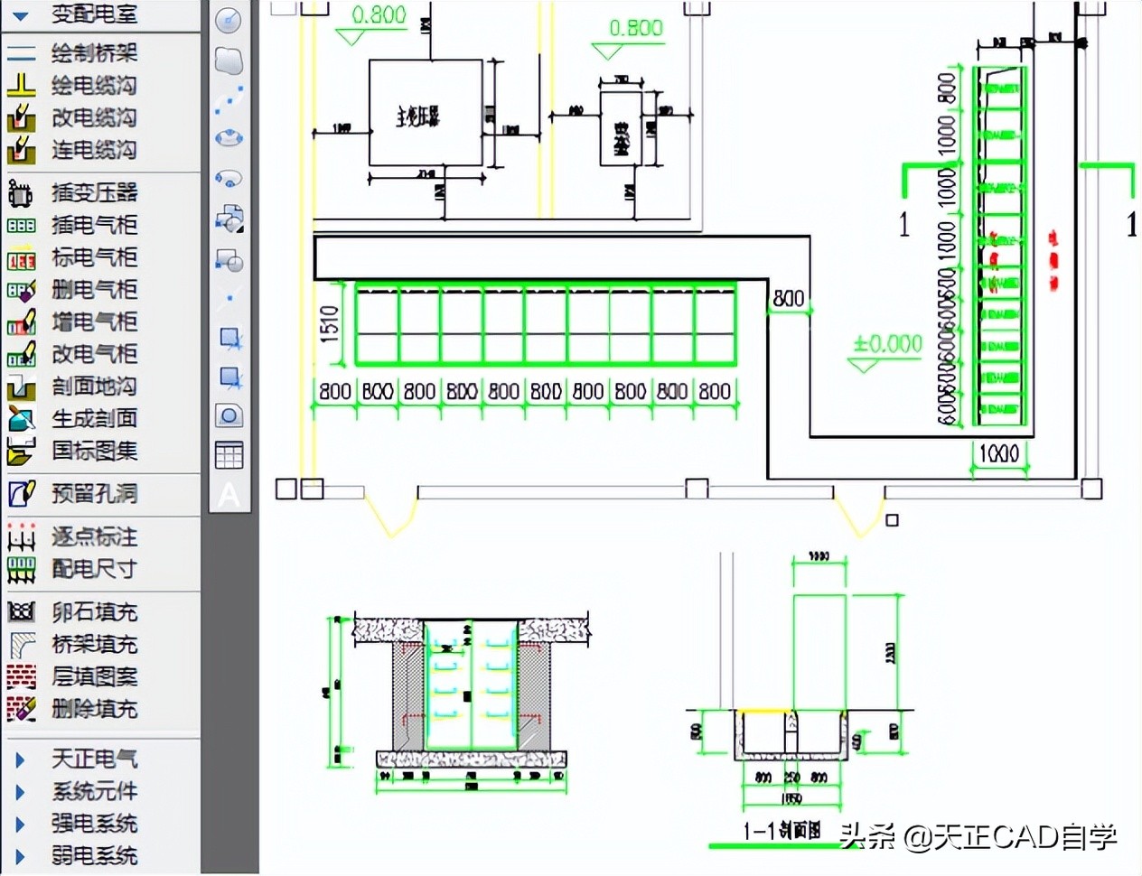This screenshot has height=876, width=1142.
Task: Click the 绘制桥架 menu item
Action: (93, 53)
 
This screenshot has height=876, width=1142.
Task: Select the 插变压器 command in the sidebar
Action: (93, 192)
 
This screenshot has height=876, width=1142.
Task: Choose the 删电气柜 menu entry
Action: (93, 290)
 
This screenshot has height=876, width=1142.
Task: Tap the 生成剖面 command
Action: (93, 419)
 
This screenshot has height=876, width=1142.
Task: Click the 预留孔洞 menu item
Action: (93, 494)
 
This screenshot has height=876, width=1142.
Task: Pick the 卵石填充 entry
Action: (93, 612)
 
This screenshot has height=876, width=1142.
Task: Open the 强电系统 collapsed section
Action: (93, 824)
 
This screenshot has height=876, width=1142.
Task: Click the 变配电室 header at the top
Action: (93, 14)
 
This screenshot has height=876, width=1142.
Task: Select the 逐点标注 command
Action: (93, 537)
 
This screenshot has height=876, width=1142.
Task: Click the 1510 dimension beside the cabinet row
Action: (330, 323)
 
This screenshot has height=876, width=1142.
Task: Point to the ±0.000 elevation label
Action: (887, 344)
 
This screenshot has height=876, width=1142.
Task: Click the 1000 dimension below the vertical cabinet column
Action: (998, 453)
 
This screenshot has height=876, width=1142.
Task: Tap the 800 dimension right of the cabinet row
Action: (788, 298)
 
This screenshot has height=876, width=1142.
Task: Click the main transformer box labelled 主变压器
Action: (425, 114)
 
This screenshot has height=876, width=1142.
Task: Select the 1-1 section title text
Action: (782, 831)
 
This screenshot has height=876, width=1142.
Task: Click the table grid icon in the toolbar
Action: (229, 455)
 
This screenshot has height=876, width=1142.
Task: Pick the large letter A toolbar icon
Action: (229, 495)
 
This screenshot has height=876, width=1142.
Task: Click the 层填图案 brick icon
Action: (22, 677)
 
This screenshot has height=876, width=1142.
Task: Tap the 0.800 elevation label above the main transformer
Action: (379, 15)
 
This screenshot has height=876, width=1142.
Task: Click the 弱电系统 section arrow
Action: (20, 856)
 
